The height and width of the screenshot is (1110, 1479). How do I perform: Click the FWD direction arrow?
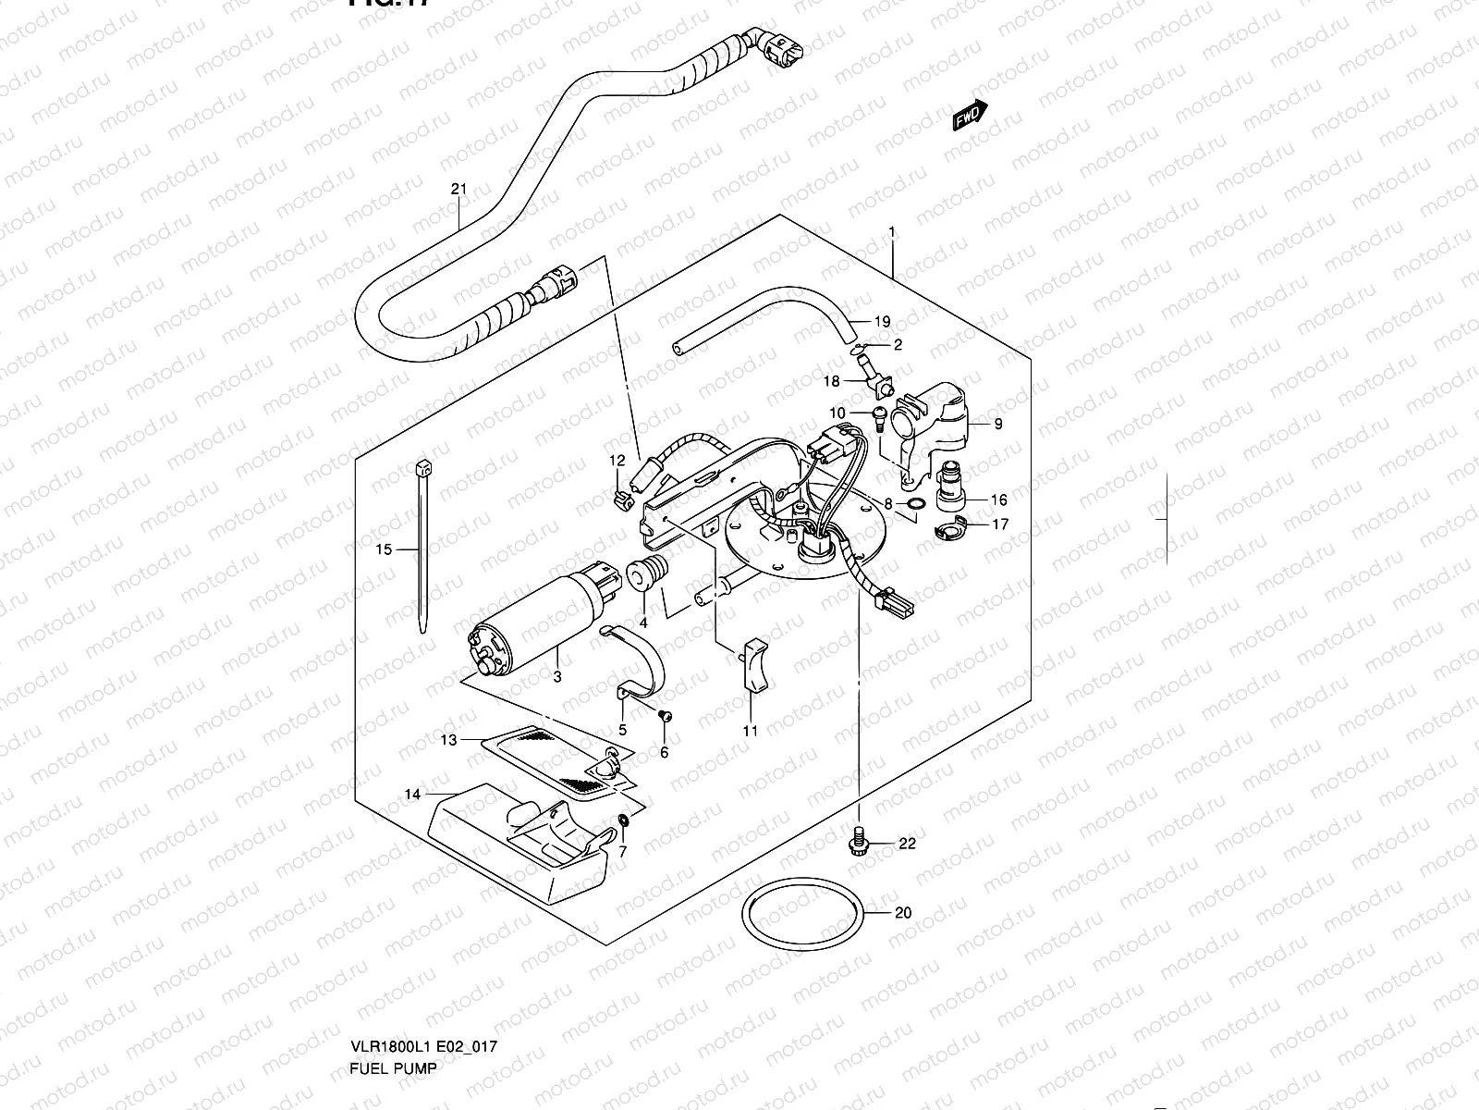point(971,116)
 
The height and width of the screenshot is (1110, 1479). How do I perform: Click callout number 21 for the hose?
point(459,191)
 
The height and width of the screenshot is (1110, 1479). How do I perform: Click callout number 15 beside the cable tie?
point(384,549)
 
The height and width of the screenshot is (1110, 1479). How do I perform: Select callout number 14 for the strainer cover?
point(412,794)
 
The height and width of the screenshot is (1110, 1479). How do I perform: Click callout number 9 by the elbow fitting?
point(998,425)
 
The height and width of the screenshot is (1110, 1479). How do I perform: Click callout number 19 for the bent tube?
point(882,322)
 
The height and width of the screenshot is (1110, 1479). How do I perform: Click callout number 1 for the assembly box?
point(892,230)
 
